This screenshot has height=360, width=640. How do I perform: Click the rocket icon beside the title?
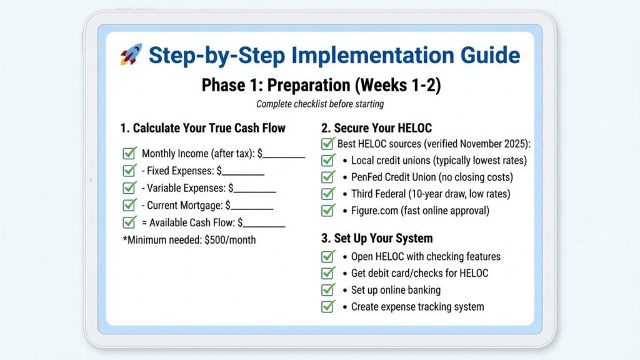131,55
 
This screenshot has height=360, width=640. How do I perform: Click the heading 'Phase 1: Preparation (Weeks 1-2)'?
321,85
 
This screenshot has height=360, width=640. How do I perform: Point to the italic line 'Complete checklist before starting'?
320,104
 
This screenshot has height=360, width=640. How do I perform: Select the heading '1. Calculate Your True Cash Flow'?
202,128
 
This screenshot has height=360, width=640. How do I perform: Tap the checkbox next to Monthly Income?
130,153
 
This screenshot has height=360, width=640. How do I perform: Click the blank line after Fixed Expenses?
243,171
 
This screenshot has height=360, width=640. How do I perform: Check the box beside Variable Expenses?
130,187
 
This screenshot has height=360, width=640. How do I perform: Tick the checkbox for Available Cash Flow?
130,222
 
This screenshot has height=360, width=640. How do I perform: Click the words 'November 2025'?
492,144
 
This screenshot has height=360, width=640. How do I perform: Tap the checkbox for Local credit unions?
328,161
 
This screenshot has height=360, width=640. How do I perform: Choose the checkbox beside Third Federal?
328,194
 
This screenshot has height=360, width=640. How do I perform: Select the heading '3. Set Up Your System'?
377,238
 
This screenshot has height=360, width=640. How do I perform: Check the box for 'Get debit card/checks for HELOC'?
328,273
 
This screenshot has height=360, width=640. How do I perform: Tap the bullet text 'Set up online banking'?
396,290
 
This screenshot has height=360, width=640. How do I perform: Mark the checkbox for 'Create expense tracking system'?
328,306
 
